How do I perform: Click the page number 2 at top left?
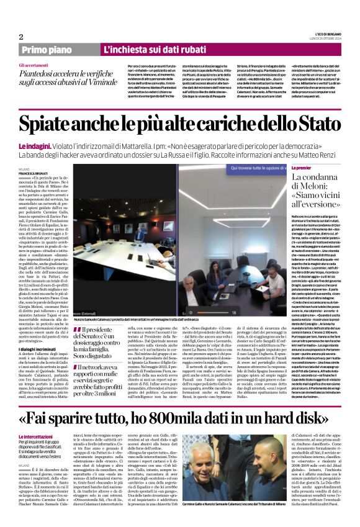21,36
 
